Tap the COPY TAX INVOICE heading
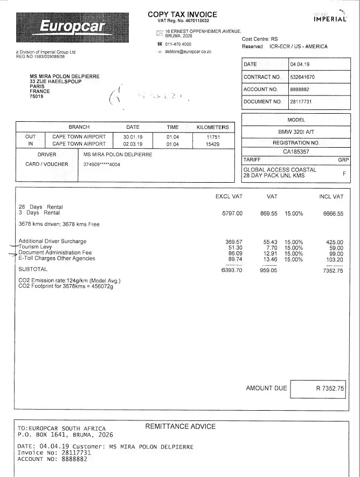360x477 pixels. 182,15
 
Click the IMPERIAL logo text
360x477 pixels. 330,19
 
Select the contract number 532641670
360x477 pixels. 302,77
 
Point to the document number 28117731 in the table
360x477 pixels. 301,101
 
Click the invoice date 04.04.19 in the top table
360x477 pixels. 299,65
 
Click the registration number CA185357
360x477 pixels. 296,152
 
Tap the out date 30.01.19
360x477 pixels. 133,137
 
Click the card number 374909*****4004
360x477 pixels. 102,164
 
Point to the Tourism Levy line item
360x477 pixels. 35,247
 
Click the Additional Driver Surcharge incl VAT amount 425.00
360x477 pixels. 335,241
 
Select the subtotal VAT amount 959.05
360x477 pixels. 268,270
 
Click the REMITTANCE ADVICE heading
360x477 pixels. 181,426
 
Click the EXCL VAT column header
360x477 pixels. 229,197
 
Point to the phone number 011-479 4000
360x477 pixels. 178,44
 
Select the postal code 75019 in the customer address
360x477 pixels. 37,96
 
